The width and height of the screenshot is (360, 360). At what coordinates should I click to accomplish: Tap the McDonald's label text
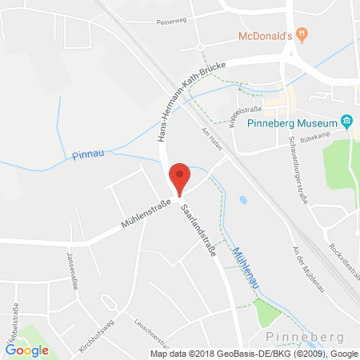[266, 36]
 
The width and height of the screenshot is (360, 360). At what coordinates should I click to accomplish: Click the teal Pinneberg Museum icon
[346, 122]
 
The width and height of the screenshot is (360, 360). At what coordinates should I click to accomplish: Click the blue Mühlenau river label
[245, 268]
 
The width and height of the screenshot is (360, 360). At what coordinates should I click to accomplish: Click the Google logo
[26, 349]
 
